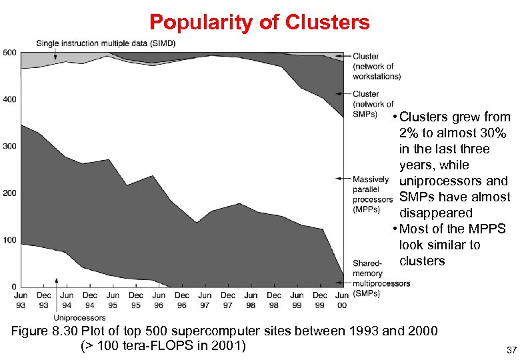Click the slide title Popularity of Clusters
click(259, 22)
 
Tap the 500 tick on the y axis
click(9, 53)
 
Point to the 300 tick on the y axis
click(9, 146)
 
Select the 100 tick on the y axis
click(9, 239)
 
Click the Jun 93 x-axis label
click(21, 300)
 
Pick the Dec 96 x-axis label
click(182, 300)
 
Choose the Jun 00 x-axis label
click(342, 300)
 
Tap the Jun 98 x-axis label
click(251, 300)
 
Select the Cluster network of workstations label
click(376, 67)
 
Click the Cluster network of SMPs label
click(373, 103)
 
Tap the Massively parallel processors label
click(372, 194)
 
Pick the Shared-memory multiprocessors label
click(381, 278)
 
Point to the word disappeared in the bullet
click(435, 213)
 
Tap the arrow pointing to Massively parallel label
click(343, 179)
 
